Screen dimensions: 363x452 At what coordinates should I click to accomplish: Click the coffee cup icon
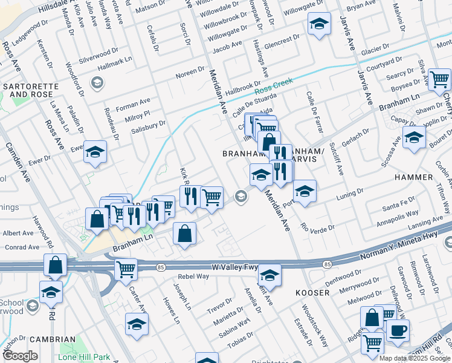point(398,331)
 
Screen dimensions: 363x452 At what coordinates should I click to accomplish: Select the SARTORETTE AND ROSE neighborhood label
point(31,91)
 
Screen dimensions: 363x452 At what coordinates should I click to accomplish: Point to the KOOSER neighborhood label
point(312,293)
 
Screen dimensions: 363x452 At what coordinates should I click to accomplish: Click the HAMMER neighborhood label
point(413,177)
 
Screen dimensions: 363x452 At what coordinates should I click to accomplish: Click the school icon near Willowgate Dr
point(319,24)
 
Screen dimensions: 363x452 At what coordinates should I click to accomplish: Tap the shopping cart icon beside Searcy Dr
point(440,79)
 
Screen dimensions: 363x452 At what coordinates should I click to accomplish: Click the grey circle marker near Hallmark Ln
point(96,82)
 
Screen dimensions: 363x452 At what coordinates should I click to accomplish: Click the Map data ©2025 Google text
point(415,358)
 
